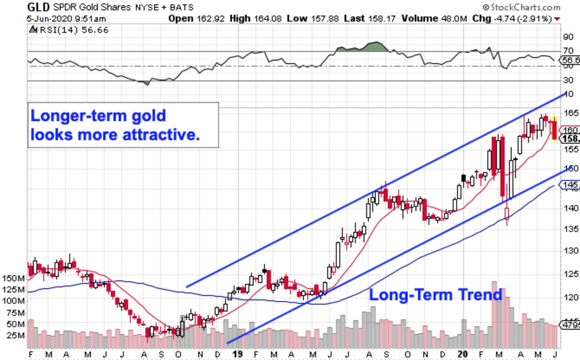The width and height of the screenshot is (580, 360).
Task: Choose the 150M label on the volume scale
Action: [14, 279]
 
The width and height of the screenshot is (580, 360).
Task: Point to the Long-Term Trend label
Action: [435, 295]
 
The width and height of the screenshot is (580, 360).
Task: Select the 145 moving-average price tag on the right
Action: [569, 185]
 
